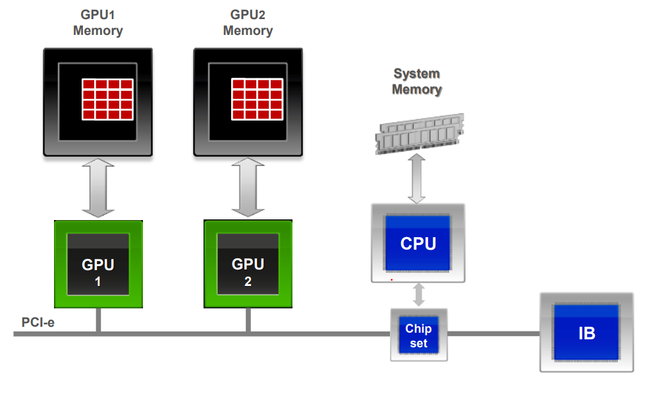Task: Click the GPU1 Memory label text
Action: [x=98, y=22]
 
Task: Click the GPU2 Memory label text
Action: [x=248, y=22]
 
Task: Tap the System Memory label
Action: [x=416, y=81]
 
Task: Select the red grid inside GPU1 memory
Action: [x=107, y=99]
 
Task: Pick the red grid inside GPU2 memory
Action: [x=257, y=99]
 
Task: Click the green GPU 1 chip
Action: [x=98, y=264]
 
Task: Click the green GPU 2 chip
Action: [x=248, y=264]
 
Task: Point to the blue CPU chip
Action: [x=418, y=243]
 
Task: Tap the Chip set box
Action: [x=418, y=335]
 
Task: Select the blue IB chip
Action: [x=586, y=333]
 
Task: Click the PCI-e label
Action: [x=38, y=323]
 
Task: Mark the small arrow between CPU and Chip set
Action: [x=418, y=295]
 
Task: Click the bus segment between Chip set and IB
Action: [x=493, y=334]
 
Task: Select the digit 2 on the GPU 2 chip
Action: [x=248, y=281]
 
